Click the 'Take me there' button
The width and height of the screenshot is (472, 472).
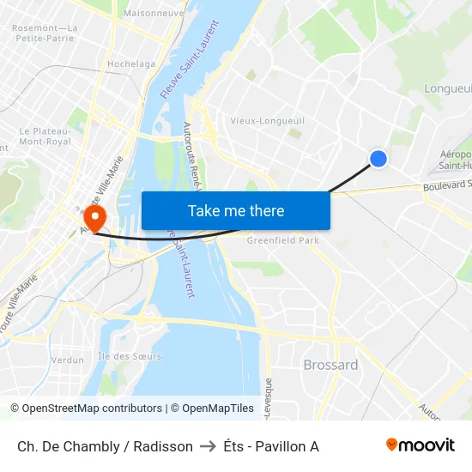click(236, 210)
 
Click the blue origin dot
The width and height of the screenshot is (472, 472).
click(378, 158)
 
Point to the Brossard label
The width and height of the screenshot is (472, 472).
click(330, 365)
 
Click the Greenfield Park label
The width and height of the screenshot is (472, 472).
click(283, 241)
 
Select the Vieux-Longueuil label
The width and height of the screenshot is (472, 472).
click(267, 121)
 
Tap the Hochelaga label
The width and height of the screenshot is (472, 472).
click(131, 64)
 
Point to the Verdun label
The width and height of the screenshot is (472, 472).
click(68, 360)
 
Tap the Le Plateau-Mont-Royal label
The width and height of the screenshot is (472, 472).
click(45, 136)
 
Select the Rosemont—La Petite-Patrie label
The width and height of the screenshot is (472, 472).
click(45, 33)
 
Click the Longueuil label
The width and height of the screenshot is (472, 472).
click(447, 88)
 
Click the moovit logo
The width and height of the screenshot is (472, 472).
click(420, 445)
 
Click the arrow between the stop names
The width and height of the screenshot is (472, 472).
click(209, 446)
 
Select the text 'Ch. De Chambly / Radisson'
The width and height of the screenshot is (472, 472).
click(105, 446)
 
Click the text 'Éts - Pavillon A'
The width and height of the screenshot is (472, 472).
click(271, 446)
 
